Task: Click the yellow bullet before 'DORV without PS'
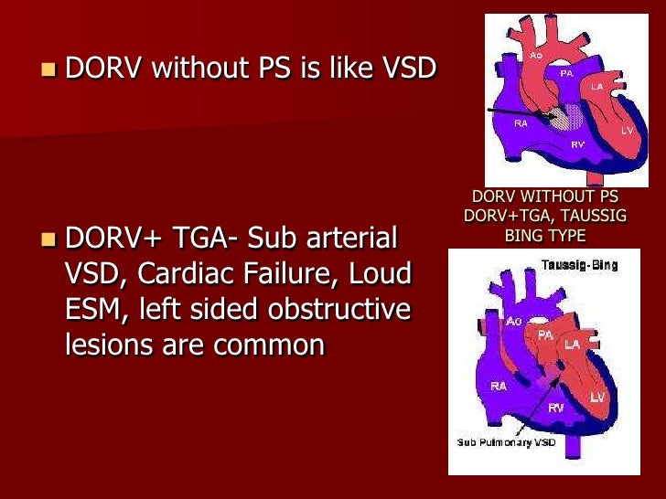(48, 69)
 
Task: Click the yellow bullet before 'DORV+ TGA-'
(48, 241)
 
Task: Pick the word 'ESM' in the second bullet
(95, 310)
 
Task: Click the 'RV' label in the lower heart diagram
(555, 408)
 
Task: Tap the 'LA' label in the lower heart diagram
(572, 345)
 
